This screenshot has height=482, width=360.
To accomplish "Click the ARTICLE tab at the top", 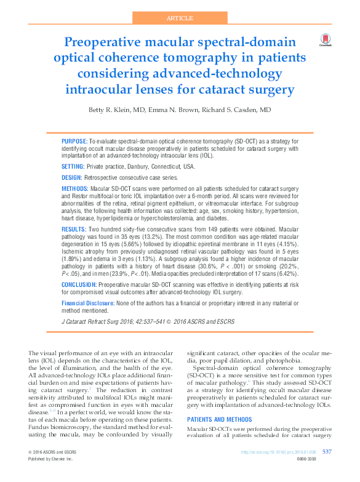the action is pos(180,18).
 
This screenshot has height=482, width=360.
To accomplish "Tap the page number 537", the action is pos(327,452).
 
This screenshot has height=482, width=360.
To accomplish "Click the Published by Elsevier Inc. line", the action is pos(50,459).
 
